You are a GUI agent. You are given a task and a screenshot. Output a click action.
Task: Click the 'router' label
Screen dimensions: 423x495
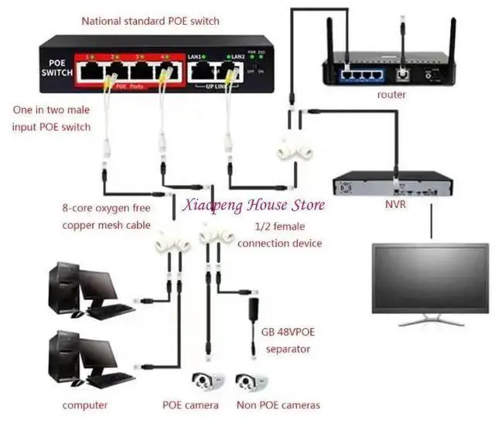point(391,94)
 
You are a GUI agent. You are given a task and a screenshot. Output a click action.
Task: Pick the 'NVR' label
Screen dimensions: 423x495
point(396,206)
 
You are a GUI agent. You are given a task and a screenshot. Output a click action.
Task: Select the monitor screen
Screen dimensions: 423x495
point(430,278)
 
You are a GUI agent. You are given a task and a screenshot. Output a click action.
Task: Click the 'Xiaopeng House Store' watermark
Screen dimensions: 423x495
point(252,205)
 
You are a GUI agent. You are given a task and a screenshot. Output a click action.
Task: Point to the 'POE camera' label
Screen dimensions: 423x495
point(191,405)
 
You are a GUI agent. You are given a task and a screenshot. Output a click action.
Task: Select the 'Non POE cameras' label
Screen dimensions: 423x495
point(278,405)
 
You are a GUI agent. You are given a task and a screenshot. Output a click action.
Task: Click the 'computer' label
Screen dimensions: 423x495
point(85,405)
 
